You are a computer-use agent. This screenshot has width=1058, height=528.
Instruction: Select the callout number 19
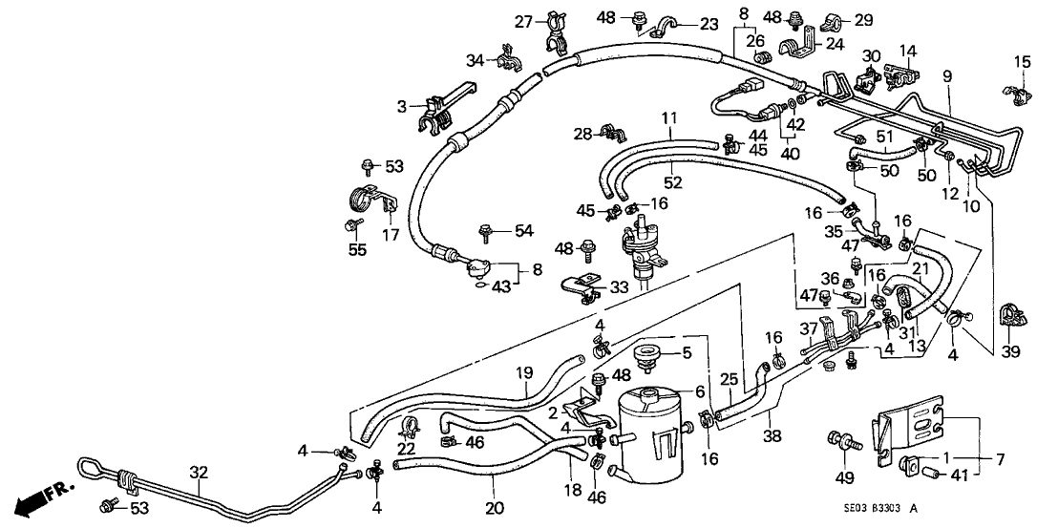tap(523, 373)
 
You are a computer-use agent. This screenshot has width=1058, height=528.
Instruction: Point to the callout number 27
tap(521, 22)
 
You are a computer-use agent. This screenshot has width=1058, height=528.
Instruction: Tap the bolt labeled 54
tap(486, 229)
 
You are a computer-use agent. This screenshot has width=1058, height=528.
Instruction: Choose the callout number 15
tap(1022, 62)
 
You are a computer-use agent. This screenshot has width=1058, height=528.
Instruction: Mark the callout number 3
tap(403, 105)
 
